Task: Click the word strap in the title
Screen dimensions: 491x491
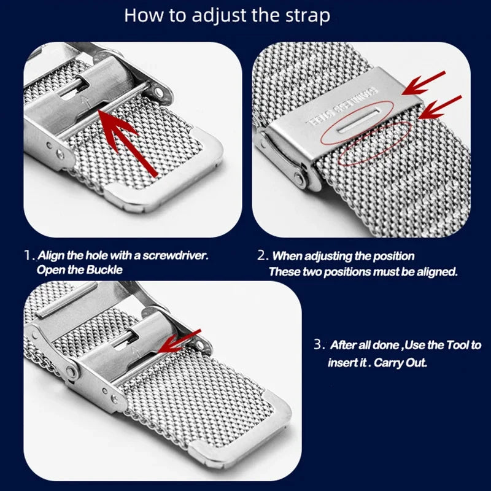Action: click(307, 16)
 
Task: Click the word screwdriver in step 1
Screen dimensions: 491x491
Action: click(176, 255)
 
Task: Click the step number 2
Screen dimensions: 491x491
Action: click(263, 255)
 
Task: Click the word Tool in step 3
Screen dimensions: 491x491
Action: click(458, 345)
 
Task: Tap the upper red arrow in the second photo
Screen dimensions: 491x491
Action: click(423, 83)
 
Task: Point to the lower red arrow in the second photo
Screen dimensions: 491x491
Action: click(439, 107)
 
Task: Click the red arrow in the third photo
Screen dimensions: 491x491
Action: click(179, 341)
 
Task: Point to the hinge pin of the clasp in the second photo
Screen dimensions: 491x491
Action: click(298, 179)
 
